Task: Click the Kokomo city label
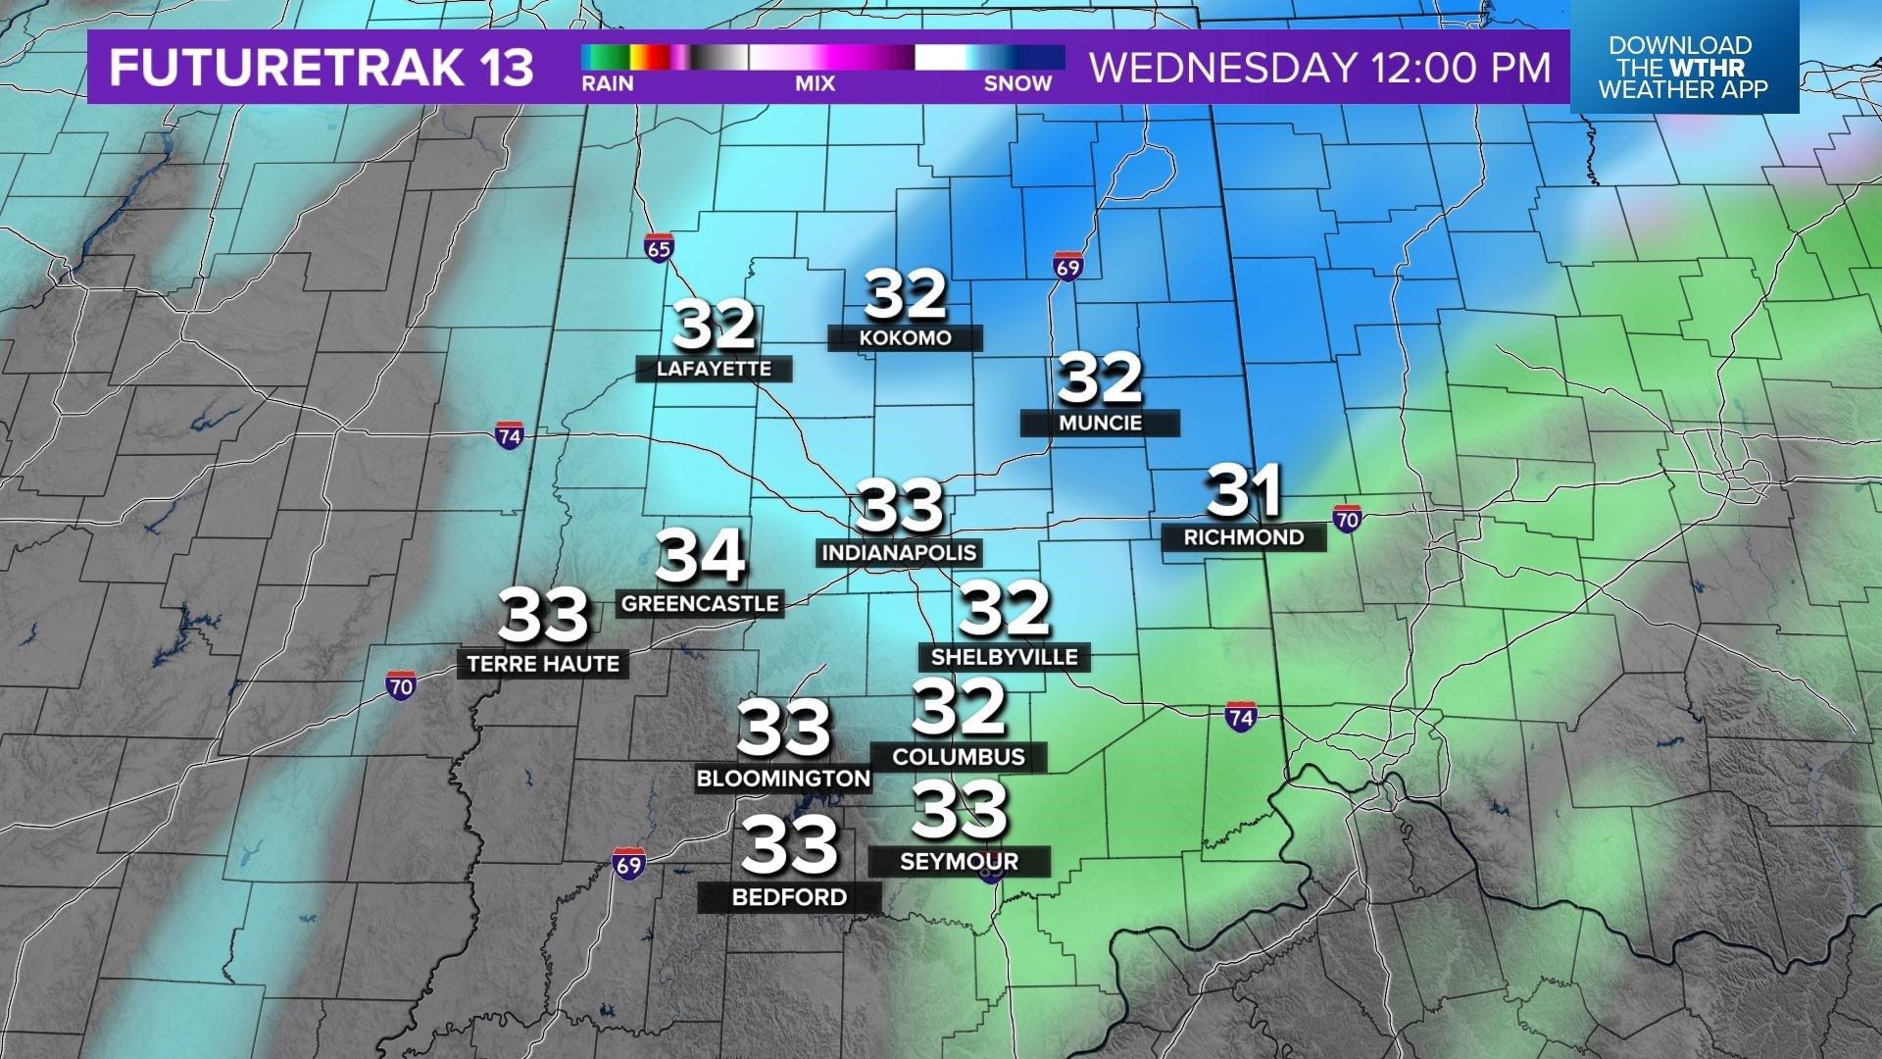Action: (905, 338)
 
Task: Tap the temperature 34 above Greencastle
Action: (701, 556)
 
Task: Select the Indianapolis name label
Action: (899, 553)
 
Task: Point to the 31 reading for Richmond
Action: (1244, 491)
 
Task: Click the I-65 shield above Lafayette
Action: (659, 248)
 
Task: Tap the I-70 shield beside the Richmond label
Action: (1347, 519)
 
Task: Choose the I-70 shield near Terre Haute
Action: (400, 685)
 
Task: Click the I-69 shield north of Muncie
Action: (1067, 267)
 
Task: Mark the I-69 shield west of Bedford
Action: (628, 864)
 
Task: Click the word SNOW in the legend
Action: (1017, 84)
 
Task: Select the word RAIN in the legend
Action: (608, 84)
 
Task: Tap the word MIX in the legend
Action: (815, 84)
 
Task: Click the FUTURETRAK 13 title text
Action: (322, 68)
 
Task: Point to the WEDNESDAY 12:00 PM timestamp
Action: (1320, 68)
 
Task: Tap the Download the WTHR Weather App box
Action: (1683, 68)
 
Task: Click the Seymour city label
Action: (959, 862)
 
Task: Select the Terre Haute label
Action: (543, 664)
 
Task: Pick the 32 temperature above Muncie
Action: (1100, 378)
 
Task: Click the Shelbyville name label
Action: (1004, 657)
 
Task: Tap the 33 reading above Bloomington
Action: (783, 729)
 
